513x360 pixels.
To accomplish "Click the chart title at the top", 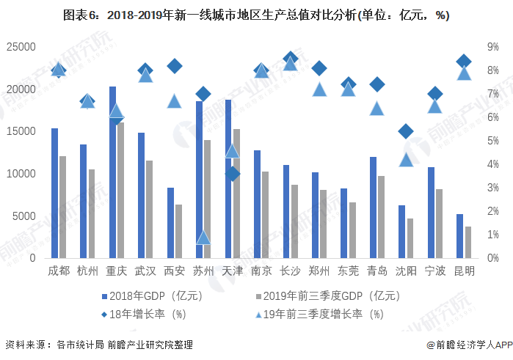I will click(256, 15).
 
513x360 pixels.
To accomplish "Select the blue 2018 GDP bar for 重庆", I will click(112, 172).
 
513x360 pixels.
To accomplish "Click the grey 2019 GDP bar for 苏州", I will click(208, 199).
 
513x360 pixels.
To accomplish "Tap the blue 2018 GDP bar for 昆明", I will click(459, 236).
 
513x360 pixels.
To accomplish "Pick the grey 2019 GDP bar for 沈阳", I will click(410, 238).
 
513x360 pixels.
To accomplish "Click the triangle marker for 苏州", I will click(203, 237).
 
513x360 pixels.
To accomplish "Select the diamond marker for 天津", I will click(233, 174).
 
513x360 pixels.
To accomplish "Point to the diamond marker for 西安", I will click(175, 66).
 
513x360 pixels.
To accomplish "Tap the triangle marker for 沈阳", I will click(406, 160).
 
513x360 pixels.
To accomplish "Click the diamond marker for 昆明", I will click(464, 62).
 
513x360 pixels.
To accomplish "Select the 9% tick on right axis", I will click(493, 47).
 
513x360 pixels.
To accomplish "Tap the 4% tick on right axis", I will click(493, 164).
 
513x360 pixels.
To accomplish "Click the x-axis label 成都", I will click(59, 271).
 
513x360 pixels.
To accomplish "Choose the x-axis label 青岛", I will click(377, 271).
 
